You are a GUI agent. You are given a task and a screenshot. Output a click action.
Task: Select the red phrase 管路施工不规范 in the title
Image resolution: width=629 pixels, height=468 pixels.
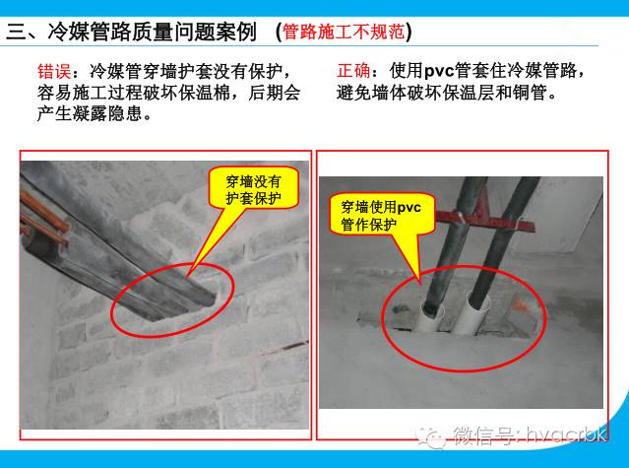[343, 31]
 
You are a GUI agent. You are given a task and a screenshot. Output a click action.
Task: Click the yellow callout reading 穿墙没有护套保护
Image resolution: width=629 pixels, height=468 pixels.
[253, 190]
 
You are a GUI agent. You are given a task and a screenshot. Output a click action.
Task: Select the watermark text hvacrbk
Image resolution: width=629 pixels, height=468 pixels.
[571, 435]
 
